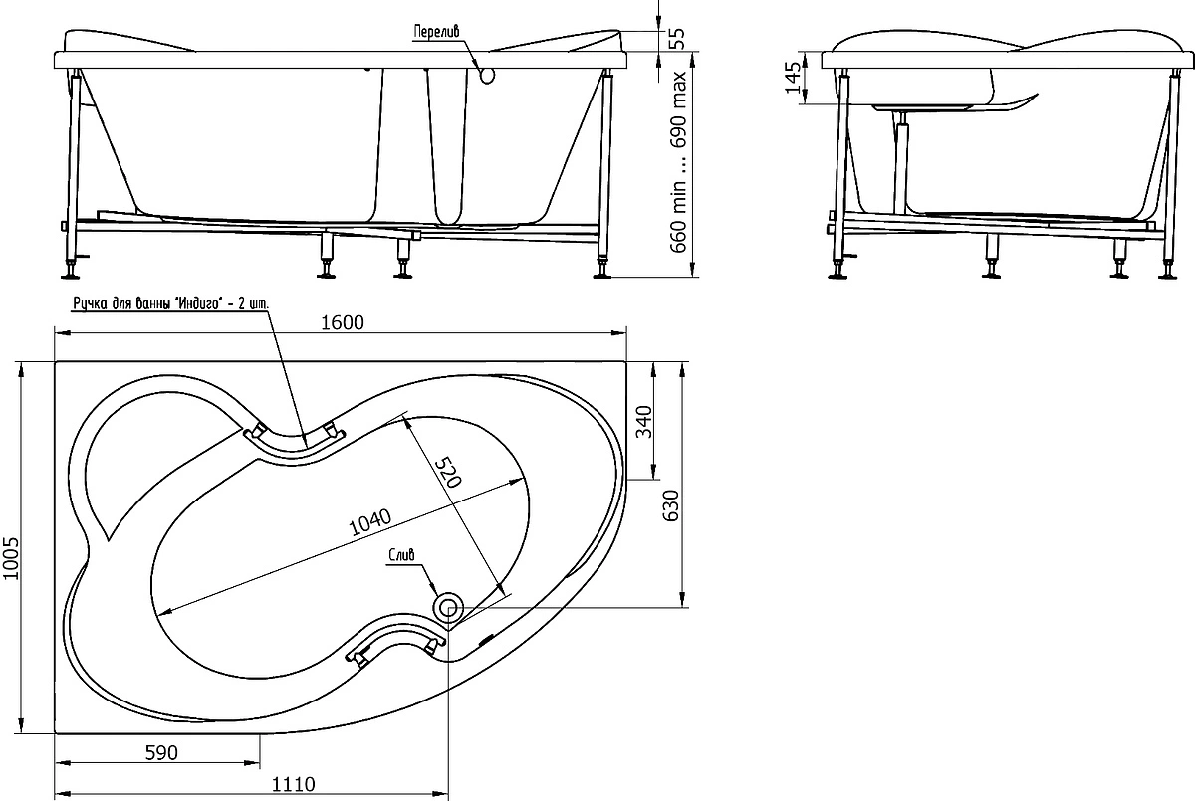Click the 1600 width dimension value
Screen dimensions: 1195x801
point(343,323)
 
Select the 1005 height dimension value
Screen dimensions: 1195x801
point(11,558)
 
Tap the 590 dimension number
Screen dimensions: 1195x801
point(161,752)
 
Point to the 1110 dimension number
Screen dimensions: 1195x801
point(294,784)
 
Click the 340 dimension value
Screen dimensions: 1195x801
point(645,422)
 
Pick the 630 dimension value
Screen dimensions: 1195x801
point(671,505)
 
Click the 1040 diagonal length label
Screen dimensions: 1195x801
point(370,522)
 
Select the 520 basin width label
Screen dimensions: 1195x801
point(448,472)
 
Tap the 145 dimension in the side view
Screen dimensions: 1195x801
point(793,78)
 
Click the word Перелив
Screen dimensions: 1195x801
point(436,32)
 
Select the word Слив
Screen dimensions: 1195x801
point(401,555)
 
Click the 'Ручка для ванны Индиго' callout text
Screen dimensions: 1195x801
point(170,303)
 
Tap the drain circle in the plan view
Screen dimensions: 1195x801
point(448,607)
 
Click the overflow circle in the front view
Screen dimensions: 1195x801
point(488,75)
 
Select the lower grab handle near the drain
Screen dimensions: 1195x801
point(397,642)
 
